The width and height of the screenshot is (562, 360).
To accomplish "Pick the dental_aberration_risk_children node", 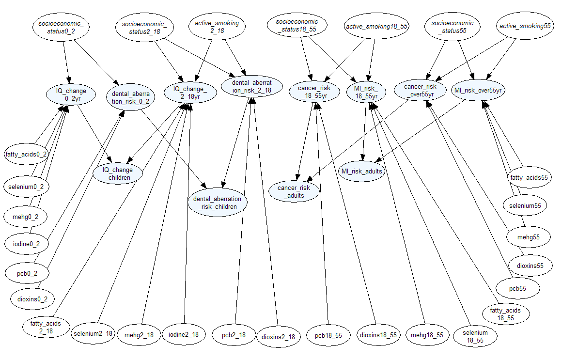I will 218,203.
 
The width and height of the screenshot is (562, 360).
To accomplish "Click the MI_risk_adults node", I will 362,171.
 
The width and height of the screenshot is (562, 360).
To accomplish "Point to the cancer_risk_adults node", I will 294,191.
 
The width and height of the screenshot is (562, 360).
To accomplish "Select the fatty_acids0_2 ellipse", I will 27,155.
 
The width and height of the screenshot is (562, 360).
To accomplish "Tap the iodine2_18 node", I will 184,334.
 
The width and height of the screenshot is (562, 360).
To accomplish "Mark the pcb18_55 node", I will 328,335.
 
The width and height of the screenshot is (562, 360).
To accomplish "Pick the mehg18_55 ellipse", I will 427,335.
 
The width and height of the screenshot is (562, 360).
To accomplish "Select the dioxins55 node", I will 530,266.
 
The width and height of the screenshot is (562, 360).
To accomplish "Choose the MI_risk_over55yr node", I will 479,91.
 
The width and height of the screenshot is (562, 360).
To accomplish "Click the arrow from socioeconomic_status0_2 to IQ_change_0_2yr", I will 66,61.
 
